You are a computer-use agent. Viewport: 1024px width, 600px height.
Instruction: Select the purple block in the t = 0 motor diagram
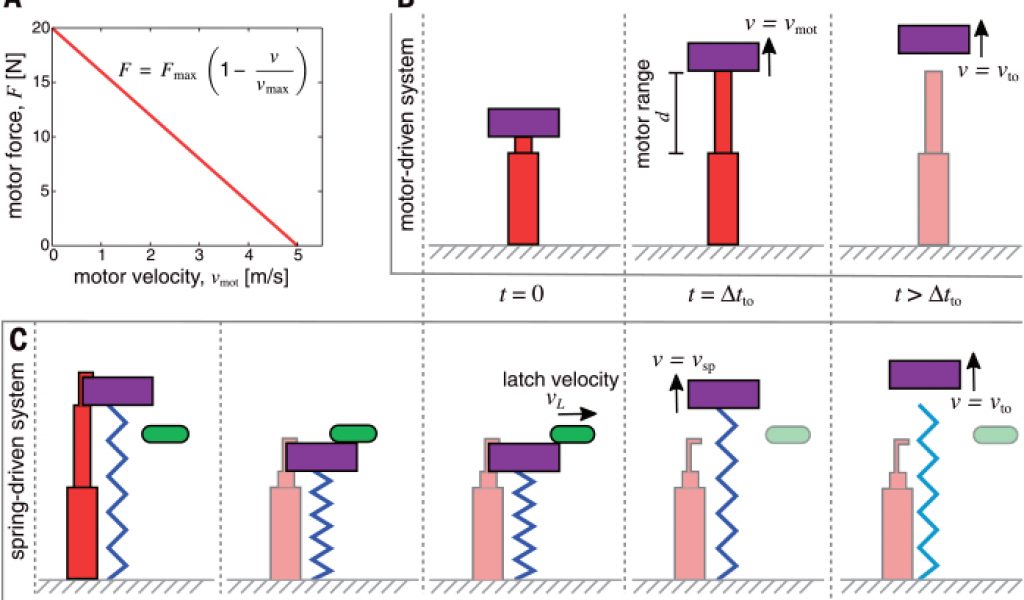click(x=523, y=122)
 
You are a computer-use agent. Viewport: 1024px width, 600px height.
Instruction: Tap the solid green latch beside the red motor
click(x=165, y=434)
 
